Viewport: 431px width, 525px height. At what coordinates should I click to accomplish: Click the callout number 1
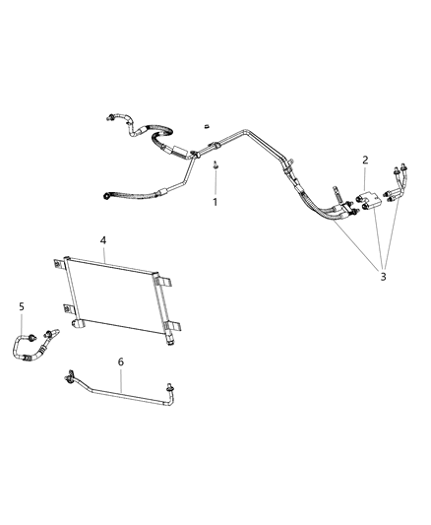coord(216,201)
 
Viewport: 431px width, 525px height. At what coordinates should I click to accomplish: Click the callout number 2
coord(365,160)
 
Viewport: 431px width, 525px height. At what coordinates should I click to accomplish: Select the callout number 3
coord(383,277)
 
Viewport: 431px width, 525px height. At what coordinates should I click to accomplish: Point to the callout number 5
coord(21,306)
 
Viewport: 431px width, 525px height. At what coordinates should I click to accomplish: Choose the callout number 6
coord(120,362)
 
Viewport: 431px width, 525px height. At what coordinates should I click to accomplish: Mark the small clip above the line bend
coord(208,126)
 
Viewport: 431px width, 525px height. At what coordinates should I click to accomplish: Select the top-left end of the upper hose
coord(105,119)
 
